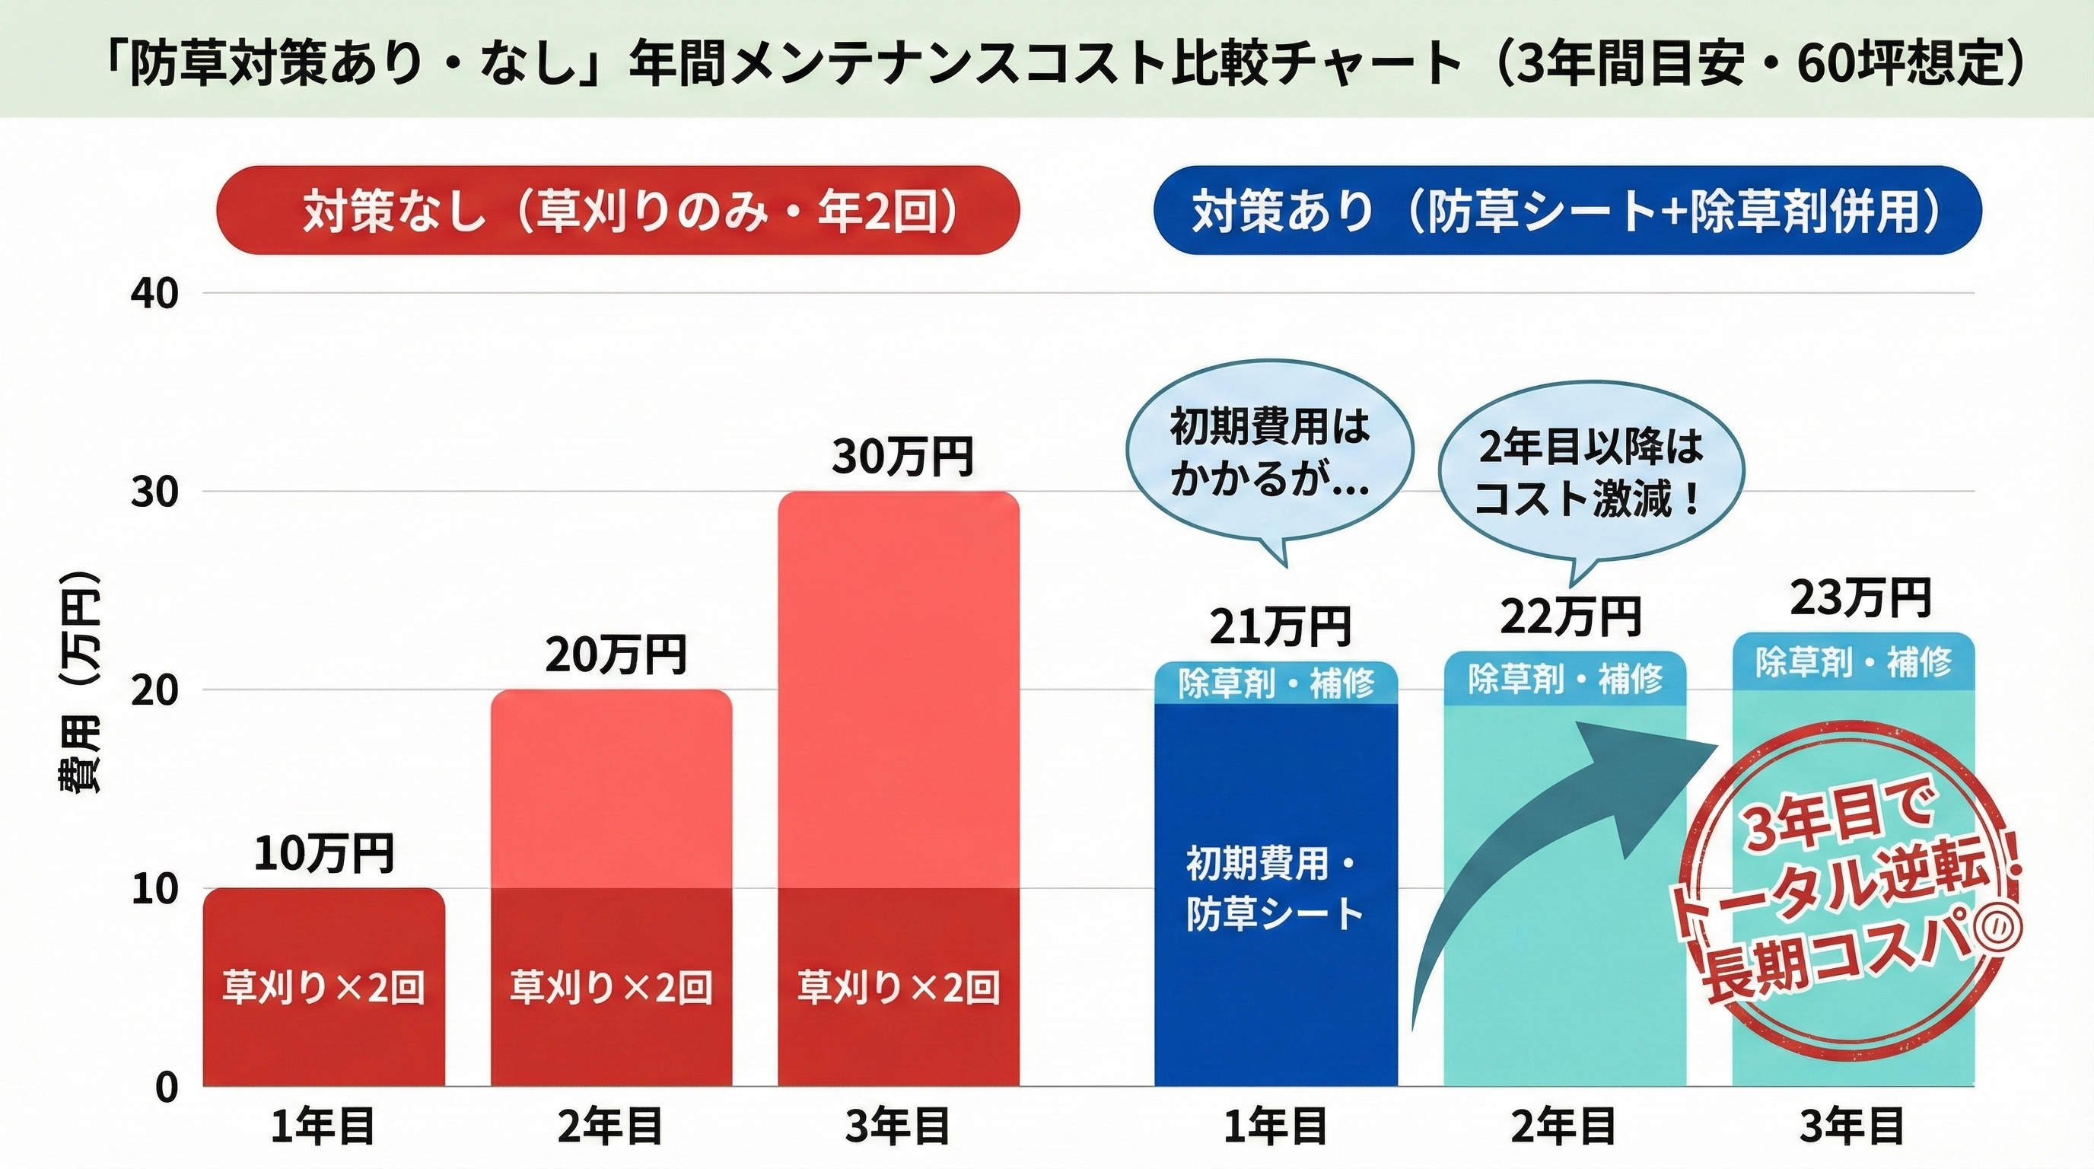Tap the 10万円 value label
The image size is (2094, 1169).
tap(323, 854)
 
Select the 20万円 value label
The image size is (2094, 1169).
tap(616, 655)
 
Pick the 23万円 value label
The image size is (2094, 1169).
tap(1860, 598)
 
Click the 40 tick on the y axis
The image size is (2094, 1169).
tap(154, 295)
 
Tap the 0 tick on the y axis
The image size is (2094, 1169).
tap(166, 1088)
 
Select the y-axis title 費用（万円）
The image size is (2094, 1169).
tap(80, 683)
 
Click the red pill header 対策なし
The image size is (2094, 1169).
tap(618, 211)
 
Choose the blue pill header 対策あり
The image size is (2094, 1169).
tap(1567, 211)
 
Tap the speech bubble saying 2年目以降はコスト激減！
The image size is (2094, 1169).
tap(1590, 475)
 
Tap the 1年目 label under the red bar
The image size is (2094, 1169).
tap(323, 1129)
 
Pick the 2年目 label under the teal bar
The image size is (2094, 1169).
tap(1564, 1129)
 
